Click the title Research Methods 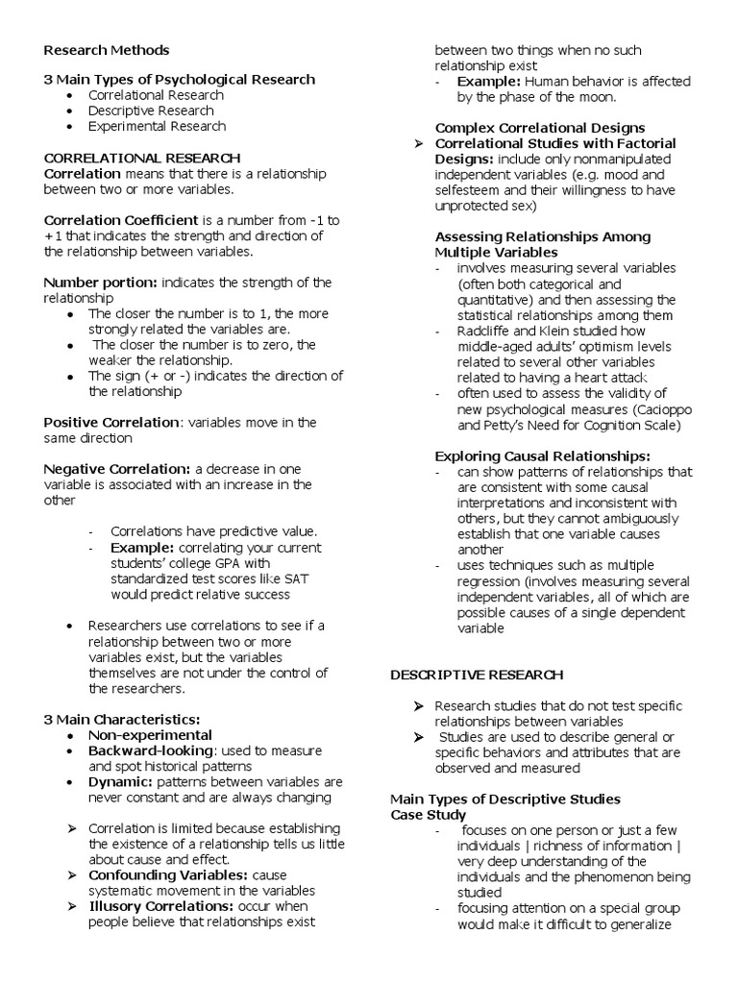click(107, 50)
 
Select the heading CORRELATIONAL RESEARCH click(142, 158)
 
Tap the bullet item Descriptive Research click(150, 111)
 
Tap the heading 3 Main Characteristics click(122, 720)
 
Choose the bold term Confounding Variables click(168, 874)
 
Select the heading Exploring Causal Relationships click(542, 455)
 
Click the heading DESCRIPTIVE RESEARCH click(477, 676)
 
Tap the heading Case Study click(428, 814)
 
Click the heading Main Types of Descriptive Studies click(504, 799)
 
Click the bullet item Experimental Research click(157, 126)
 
